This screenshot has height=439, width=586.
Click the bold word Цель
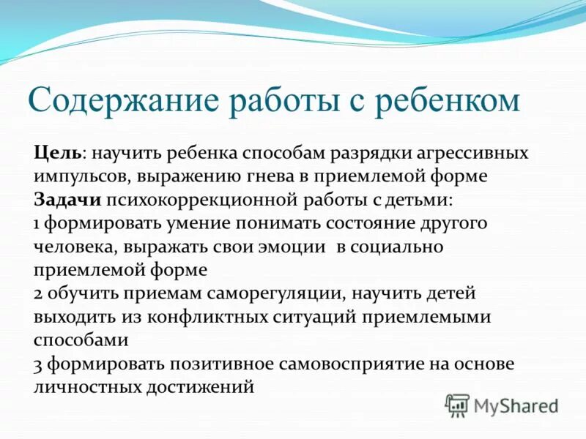click(x=58, y=154)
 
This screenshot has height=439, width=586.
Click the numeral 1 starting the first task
click(x=37, y=224)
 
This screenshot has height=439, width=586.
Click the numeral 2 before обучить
click(x=38, y=294)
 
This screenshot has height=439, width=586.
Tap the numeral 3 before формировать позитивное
click(x=38, y=364)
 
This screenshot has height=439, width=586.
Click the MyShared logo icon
click(x=458, y=405)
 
